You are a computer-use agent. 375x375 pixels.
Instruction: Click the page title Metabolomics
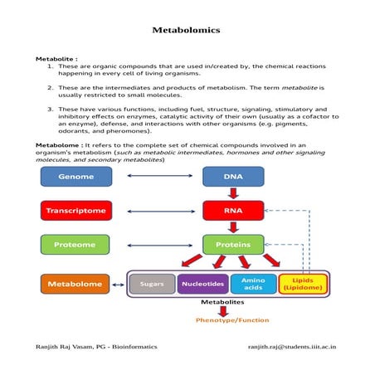[x=186, y=30]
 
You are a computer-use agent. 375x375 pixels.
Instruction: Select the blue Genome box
[x=75, y=177]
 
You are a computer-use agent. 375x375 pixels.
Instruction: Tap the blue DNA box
[x=233, y=177]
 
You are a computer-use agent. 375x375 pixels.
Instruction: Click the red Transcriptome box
[x=75, y=211]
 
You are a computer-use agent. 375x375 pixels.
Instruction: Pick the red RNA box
[x=233, y=211]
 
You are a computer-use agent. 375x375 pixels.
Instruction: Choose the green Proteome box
[x=75, y=245]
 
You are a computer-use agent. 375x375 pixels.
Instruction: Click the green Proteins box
[x=233, y=245]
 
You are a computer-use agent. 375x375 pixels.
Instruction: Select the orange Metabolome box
[x=75, y=285]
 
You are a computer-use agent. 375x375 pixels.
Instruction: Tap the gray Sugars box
[x=152, y=285]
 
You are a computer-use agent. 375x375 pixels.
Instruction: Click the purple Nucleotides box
[x=202, y=285]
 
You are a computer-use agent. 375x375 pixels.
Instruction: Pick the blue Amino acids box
[x=253, y=285]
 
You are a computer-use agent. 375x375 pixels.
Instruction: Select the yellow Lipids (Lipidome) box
[x=303, y=285]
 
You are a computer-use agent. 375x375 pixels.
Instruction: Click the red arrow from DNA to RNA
[x=233, y=193]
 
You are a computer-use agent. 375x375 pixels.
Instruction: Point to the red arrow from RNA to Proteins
[x=233, y=227]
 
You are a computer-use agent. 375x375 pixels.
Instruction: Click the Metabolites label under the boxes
[x=222, y=303]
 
